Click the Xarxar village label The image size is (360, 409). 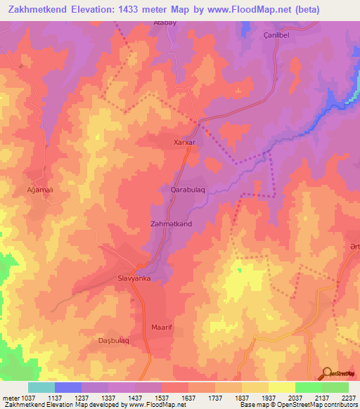click(184, 142)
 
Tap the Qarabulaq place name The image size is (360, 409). click(188, 190)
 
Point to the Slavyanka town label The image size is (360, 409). click(133, 279)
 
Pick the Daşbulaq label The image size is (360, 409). click(112, 341)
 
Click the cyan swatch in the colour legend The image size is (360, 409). click(41, 387)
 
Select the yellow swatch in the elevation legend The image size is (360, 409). click(282, 387)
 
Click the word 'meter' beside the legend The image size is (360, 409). click(10, 397)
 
